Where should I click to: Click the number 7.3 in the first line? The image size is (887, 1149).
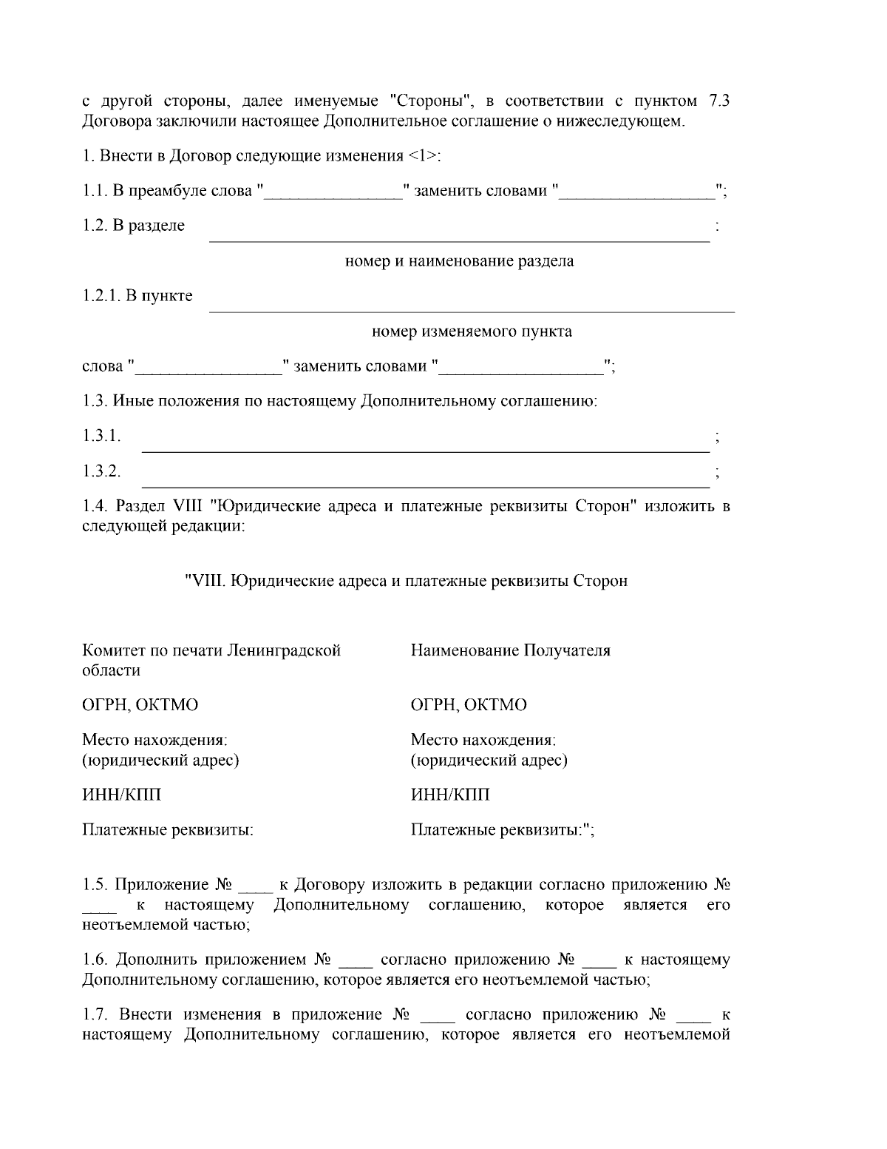coord(719,101)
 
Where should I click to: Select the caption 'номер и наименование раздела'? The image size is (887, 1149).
coord(460,261)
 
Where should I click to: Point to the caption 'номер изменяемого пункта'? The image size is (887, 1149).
coord(472,331)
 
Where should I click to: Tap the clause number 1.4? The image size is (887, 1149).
coord(95,507)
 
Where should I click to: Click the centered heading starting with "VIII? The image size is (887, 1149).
coord(406,581)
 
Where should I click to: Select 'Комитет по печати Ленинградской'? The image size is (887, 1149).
coord(211,651)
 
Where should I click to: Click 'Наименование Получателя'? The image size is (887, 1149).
coord(511,651)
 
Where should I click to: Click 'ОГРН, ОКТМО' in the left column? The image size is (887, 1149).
coord(140,705)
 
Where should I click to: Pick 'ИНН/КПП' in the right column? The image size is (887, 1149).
coord(449,795)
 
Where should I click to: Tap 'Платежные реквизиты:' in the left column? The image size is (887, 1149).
coord(168,830)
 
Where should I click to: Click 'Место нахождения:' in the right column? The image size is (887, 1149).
coord(483,740)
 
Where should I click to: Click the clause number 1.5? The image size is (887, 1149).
coord(95,885)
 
